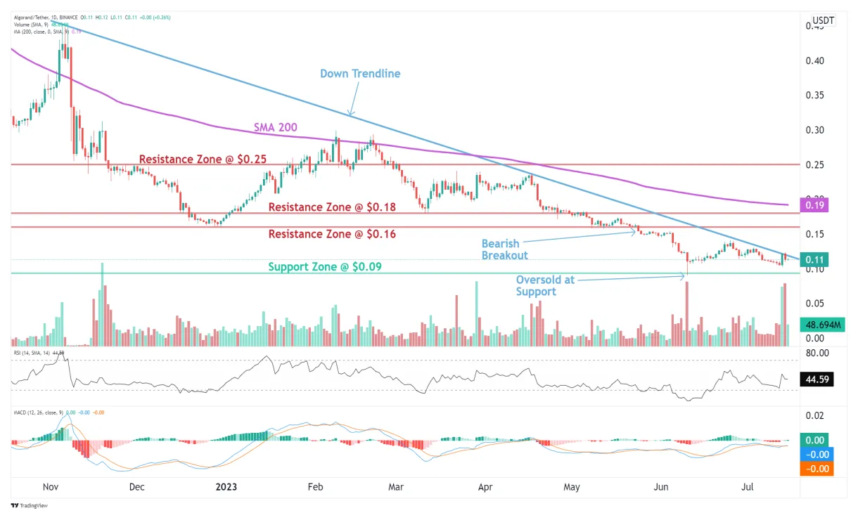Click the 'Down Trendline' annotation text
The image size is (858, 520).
pos(360,74)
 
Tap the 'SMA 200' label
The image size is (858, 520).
pos(275,128)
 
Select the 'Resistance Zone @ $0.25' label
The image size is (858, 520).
pos(203,160)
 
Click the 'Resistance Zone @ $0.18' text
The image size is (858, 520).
pos(332,207)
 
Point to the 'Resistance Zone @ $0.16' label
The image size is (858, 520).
pos(332,234)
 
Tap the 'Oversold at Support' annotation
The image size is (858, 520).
pos(545,285)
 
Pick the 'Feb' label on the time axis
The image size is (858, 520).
pos(315,486)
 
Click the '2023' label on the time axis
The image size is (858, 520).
pos(227,486)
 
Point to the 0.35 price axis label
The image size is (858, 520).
pos(815,95)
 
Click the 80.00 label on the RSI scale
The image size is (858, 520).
pos(817,353)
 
